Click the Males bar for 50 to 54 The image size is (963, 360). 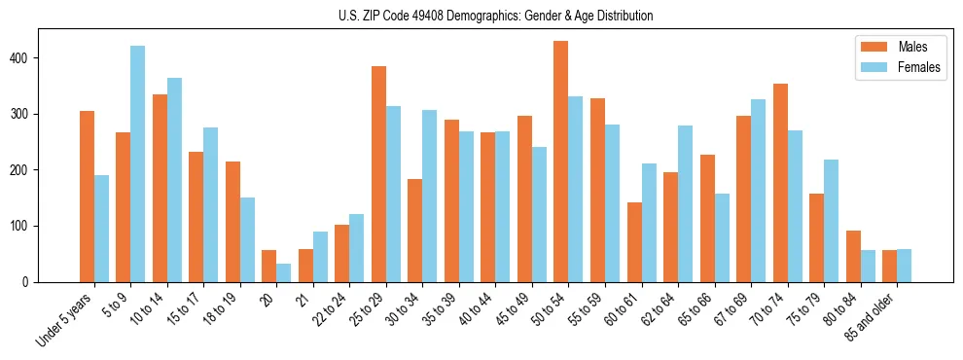pos(561,162)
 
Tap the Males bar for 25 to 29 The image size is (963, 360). pos(378,174)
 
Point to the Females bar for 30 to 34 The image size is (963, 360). pos(429,196)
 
